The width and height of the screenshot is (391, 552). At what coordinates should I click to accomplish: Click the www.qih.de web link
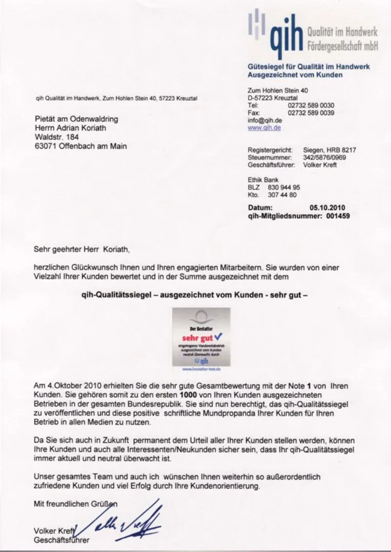[264, 128]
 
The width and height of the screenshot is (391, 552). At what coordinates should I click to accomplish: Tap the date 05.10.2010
[327, 208]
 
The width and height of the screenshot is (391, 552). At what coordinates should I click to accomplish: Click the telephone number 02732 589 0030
[311, 105]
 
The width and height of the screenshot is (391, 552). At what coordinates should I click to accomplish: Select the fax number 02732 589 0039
[311, 112]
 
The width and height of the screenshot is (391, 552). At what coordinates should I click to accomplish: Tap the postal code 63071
[45, 146]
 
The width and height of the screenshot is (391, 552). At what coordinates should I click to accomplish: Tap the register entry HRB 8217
[343, 150]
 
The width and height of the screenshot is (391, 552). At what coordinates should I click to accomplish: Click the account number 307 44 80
[282, 195]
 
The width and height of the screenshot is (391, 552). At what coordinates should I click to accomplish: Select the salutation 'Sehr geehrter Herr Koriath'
[82, 250]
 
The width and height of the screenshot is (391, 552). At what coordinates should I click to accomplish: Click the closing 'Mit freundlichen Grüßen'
[75, 504]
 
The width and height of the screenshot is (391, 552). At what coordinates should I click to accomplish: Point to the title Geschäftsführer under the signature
[61, 540]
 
